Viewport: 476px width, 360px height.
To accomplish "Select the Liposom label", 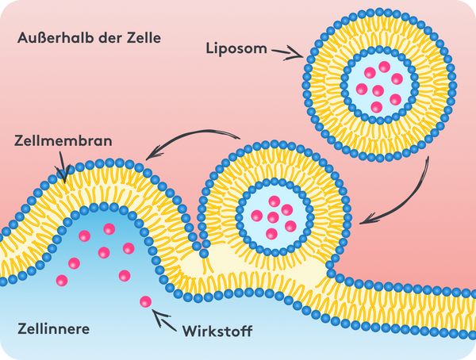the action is (236, 48).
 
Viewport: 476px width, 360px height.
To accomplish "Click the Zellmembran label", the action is (63, 141).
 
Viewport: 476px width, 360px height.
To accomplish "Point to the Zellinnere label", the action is (53, 329).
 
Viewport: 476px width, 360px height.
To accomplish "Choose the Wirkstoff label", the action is (217, 331).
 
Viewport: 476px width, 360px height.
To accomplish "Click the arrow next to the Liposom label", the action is (287, 53).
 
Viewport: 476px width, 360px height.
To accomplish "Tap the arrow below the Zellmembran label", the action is (63, 167).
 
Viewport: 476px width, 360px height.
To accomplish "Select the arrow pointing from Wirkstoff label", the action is (164, 320).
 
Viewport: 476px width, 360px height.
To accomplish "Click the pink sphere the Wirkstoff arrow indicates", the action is (146, 302).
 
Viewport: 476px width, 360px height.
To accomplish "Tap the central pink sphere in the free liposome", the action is (378, 90).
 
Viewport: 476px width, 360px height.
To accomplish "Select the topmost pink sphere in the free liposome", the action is (384, 67).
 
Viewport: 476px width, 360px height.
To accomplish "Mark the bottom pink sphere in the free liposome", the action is (376, 107).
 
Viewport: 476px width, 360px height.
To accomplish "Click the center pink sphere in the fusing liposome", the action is (273, 217).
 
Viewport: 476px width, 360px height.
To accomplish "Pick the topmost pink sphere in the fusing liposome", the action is (274, 201).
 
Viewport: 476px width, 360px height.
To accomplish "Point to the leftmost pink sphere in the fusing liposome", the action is (257, 216).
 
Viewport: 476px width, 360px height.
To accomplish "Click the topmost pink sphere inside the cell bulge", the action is (109, 229).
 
